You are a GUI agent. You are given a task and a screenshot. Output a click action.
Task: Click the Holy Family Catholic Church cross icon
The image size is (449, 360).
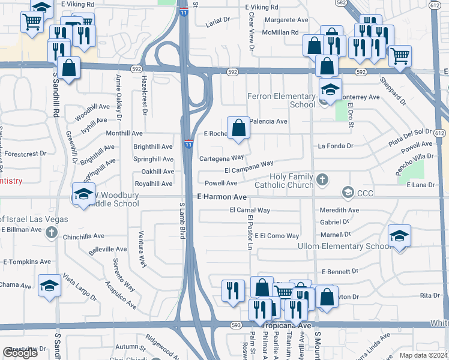tap(322, 179)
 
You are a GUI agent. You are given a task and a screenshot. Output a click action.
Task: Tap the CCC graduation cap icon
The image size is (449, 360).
tap(347, 193)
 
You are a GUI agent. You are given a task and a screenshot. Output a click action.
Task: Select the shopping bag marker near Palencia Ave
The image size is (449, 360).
tap(239, 128)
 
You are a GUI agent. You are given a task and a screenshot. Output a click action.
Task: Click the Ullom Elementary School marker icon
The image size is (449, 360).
tap(399, 236)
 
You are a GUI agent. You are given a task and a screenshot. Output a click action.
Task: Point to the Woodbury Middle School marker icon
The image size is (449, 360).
tap(83, 194)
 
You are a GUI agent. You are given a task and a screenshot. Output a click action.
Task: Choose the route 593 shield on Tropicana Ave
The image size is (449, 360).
tap(235, 325)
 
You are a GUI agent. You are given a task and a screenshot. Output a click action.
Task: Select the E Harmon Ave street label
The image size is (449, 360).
tap(222, 197)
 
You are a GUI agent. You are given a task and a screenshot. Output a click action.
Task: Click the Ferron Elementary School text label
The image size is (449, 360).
tap(282, 100)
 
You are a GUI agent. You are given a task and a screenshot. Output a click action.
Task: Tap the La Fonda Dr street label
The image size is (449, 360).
tap(336, 146)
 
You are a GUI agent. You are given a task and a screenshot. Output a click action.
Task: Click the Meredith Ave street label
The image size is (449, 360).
tap(339, 211)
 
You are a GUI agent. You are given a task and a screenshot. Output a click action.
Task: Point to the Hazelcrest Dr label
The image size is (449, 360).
tap(145, 94)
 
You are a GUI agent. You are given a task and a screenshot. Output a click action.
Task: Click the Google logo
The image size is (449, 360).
tap(20, 353)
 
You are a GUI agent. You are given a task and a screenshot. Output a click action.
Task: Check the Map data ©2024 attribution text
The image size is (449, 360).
tap(424, 355)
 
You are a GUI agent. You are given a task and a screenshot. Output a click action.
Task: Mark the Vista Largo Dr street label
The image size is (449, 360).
tap(79, 286)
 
